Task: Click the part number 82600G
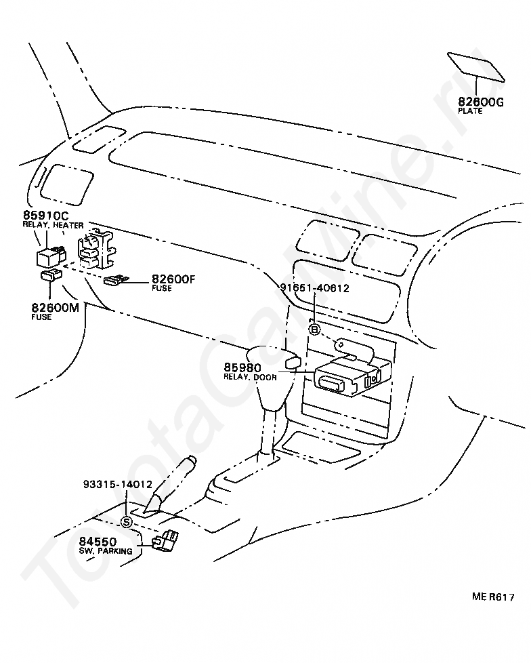[481, 102]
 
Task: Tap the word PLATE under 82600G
[471, 111]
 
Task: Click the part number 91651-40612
[314, 287]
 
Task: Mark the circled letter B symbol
[314, 329]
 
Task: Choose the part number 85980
[242, 367]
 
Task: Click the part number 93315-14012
[118, 485]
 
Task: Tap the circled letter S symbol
[127, 521]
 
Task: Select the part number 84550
[98, 542]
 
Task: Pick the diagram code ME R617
[494, 597]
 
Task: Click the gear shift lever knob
[274, 363]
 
